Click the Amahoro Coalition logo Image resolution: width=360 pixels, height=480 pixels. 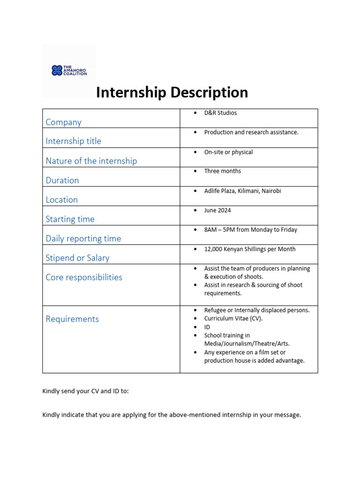tap(69, 71)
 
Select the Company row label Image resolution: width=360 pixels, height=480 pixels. tap(63, 122)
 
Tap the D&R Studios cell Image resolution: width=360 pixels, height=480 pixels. tap(220, 113)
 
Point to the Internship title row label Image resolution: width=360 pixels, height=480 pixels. tap(73, 141)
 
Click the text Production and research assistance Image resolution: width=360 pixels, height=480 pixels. tap(251, 132)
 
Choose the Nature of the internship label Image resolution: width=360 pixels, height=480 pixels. tap(91, 161)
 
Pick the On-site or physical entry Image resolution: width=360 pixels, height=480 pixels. tap(228, 152)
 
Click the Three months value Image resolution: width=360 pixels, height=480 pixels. tap(223, 171)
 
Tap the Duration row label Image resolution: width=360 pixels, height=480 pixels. tap(62, 180)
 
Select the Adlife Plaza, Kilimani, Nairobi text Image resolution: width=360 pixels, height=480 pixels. tap(242, 191)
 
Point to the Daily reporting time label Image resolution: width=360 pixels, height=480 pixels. tap(83, 239)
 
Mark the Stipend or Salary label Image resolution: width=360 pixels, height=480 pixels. tap(77, 258)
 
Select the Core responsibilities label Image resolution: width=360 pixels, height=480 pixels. tap(84, 277)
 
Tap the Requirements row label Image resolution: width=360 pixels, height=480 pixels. tap(72, 319)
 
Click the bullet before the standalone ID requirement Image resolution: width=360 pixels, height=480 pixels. tap(195, 327)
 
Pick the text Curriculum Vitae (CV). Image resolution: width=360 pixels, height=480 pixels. tap(233, 319)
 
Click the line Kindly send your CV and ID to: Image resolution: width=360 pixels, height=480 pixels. tap(85, 391)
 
